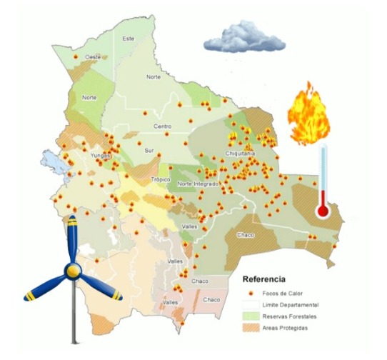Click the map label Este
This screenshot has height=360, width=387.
click(129, 38)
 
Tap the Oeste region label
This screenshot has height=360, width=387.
click(92, 56)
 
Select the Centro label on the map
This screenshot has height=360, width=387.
click(163, 126)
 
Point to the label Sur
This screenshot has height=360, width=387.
click(149, 151)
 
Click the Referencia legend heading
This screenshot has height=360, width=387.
click(264, 279)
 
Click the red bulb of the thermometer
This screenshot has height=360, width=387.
click(323, 211)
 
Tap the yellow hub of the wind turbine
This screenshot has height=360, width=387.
click(73, 271)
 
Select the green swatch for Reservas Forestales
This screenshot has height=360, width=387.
click(249, 316)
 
